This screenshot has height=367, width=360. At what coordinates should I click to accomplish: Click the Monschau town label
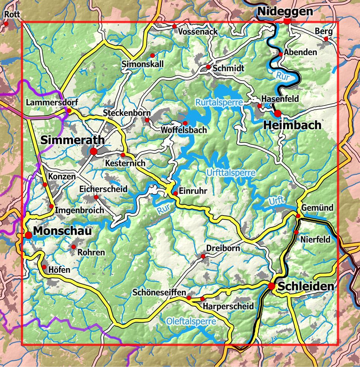[62, 231]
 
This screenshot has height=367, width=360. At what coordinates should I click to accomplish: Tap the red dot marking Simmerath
[93, 151]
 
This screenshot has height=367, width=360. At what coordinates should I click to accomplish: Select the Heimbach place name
[292, 125]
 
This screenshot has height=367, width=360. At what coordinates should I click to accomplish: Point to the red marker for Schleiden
[271, 286]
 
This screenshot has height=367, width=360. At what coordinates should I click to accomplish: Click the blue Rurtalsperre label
[219, 102]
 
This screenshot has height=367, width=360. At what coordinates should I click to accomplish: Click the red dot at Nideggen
[287, 21]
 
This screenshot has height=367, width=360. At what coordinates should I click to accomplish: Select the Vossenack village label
[198, 32]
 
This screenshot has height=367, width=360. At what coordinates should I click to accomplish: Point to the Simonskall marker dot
[152, 56]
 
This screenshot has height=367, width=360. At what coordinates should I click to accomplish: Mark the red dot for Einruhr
[176, 193]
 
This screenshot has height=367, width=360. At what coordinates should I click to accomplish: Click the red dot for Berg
[326, 39]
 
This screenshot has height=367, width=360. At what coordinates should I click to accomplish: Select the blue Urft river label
[275, 201]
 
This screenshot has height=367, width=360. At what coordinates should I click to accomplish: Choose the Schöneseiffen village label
[159, 293]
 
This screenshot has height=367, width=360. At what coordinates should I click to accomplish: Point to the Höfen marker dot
[44, 267]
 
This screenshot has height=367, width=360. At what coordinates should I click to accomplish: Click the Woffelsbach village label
[183, 130]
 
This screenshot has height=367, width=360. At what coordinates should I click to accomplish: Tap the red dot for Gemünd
[298, 216]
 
